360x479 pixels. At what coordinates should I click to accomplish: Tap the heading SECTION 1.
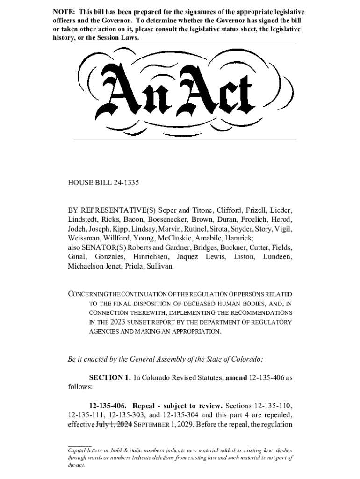(x=110, y=378)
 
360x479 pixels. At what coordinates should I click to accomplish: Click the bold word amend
(x=236, y=378)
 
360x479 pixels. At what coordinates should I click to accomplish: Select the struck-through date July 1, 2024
(x=114, y=425)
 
